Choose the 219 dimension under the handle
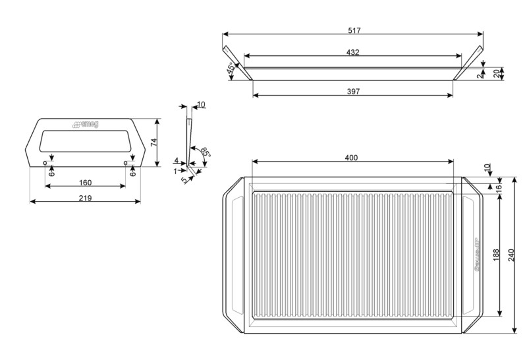point(85,197)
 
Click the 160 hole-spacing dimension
point(85,183)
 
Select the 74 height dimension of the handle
point(153,142)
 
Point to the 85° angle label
point(206,152)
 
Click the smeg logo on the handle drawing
point(84,123)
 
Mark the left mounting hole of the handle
point(45,162)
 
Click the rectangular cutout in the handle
point(84,140)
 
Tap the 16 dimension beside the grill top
point(498,187)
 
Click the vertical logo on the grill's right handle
point(475,255)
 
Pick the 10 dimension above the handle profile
point(201,105)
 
